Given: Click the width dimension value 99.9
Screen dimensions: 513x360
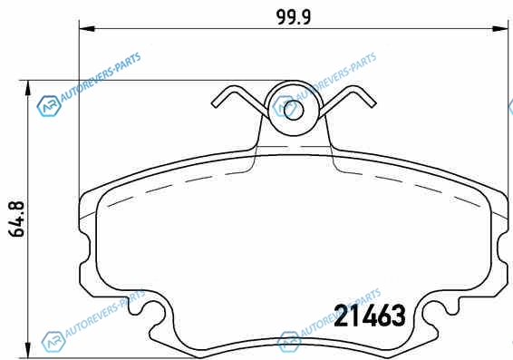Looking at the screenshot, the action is point(294,17).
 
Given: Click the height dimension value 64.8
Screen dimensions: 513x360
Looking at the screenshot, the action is point(16,219).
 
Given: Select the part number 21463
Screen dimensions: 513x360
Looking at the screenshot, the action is point(370,316).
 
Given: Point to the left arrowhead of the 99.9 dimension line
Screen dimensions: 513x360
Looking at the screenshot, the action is point(87,29).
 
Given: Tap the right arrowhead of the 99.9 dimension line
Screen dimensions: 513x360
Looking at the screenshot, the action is point(500,29).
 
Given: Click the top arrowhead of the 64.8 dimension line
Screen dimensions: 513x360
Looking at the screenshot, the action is point(29,88).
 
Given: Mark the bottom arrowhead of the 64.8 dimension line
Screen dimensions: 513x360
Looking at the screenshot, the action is point(29,350).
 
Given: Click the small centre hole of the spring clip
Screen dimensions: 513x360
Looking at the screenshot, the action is point(294,111).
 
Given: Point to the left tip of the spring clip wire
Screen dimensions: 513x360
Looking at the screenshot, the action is point(213,104).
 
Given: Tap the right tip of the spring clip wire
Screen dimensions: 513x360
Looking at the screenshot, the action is point(373,104).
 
